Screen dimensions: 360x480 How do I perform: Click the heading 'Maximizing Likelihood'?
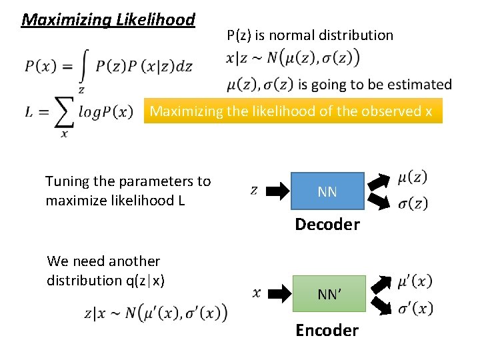(108, 19)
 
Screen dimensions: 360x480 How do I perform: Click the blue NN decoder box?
(327, 192)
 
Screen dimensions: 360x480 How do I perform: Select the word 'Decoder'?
(327, 224)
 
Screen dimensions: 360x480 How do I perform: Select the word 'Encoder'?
(327, 330)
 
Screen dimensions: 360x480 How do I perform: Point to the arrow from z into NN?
(277, 191)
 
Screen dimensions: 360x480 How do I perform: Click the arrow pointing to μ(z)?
(380, 182)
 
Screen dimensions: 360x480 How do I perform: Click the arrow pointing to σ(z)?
(380, 199)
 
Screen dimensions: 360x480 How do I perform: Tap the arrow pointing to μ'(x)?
(382, 285)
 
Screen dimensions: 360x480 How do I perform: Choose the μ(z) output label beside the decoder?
(413, 177)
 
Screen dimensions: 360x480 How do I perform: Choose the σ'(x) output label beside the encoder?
(415, 308)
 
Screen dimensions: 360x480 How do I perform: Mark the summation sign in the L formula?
(63, 113)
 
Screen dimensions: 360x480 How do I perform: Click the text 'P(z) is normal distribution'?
(310, 35)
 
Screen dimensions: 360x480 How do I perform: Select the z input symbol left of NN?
(254, 191)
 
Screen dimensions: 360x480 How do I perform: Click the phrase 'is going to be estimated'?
(375, 85)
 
